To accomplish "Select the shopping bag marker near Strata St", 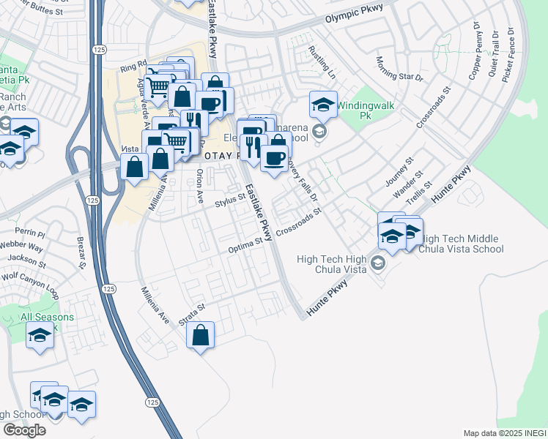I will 201,336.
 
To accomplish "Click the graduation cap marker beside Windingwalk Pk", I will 322,105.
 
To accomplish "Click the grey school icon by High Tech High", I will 378,263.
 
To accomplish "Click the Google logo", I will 24,429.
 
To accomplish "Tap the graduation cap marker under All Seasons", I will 40,336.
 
